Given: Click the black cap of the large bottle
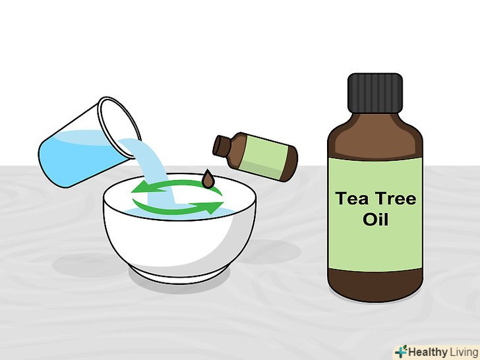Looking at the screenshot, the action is tap(375, 93).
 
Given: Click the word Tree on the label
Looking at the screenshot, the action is tap(394, 198).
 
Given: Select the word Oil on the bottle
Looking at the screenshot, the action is tap(375, 219).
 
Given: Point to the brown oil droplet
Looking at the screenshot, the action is tap(208, 179).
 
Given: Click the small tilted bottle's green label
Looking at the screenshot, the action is tap(263, 157).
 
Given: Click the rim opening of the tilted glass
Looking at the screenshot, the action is tap(119, 127).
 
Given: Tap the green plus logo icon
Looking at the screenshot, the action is tap(401, 351).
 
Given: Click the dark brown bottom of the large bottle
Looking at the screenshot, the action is tap(375, 285).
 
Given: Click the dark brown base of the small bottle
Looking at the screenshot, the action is tap(290, 164).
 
